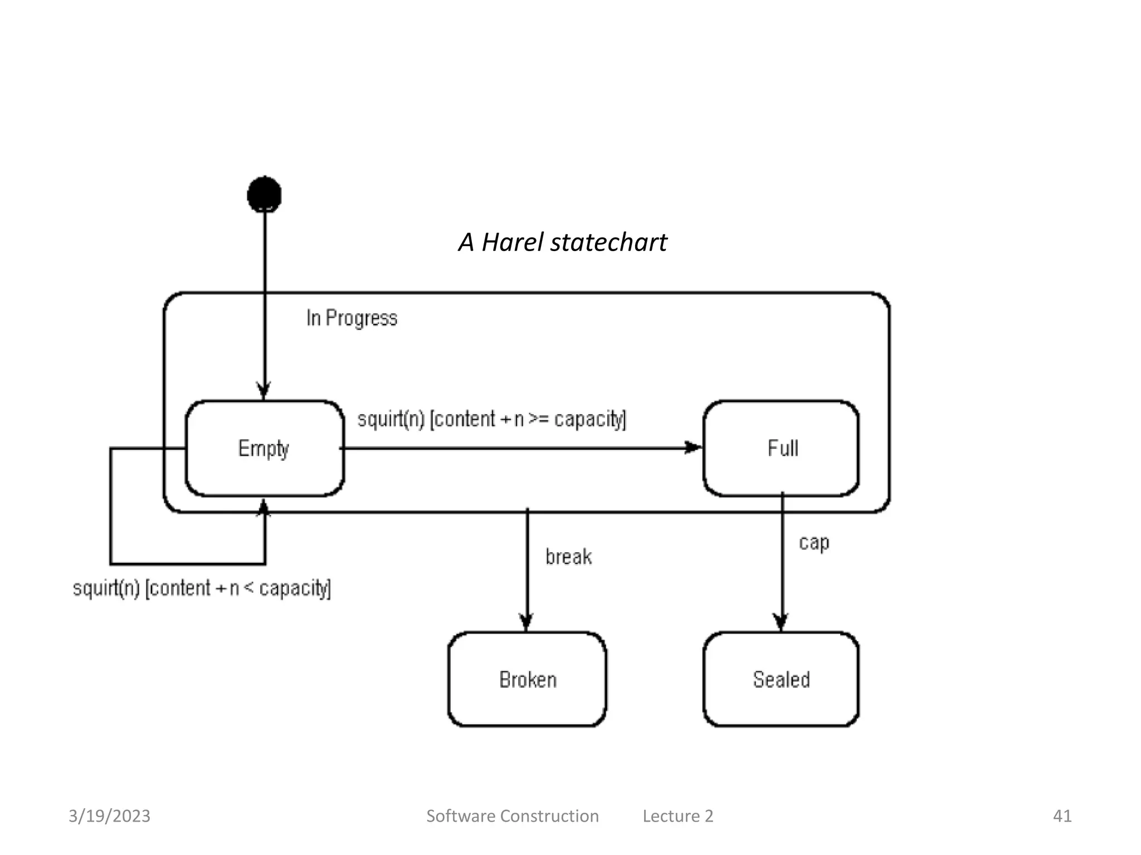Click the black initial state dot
tap(264, 194)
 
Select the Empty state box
tap(265, 448)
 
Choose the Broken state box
tap(527, 679)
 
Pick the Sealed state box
tap(781, 679)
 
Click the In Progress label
tap(352, 318)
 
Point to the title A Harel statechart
tap(563, 242)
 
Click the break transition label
tap(568, 557)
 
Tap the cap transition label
tap(814, 542)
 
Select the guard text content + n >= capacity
tap(528, 419)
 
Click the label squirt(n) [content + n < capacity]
tap(202, 588)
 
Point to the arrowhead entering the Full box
tap(694, 448)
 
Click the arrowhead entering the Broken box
tap(526, 622)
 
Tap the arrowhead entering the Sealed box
tap(781, 622)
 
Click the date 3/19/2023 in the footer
tap(109, 816)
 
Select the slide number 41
tap(1062, 816)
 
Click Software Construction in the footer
tap(512, 816)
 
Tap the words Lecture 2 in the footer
tap(677, 816)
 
